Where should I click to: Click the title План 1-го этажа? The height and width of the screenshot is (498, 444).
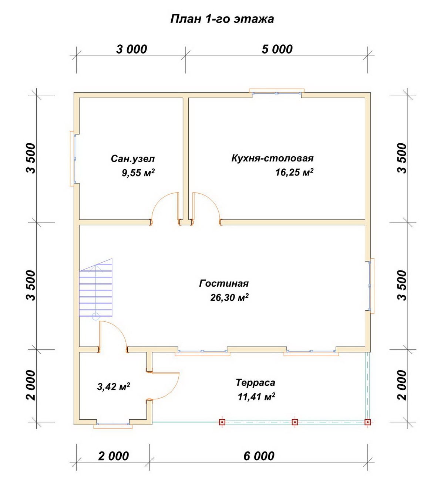click(x=222, y=19)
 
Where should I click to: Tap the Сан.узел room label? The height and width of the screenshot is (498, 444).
click(x=133, y=159)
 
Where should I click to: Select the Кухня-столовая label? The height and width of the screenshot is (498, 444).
click(x=272, y=158)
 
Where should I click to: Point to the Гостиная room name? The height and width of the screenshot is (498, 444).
click(x=224, y=283)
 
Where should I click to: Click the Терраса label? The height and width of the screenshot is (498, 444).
click(x=255, y=382)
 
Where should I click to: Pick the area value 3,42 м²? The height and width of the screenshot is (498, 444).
click(x=114, y=387)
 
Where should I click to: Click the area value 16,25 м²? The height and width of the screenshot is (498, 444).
click(x=294, y=172)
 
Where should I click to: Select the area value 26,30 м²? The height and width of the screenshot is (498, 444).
click(x=229, y=297)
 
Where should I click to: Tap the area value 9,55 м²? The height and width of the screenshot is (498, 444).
click(x=138, y=173)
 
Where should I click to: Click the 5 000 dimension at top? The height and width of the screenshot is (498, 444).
click(x=277, y=50)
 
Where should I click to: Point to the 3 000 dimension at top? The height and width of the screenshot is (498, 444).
click(x=131, y=50)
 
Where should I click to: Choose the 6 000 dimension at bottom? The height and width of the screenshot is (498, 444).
click(x=259, y=456)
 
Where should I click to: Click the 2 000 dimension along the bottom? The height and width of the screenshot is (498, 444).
click(x=114, y=456)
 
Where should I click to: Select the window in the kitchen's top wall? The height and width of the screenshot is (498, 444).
click(x=276, y=93)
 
